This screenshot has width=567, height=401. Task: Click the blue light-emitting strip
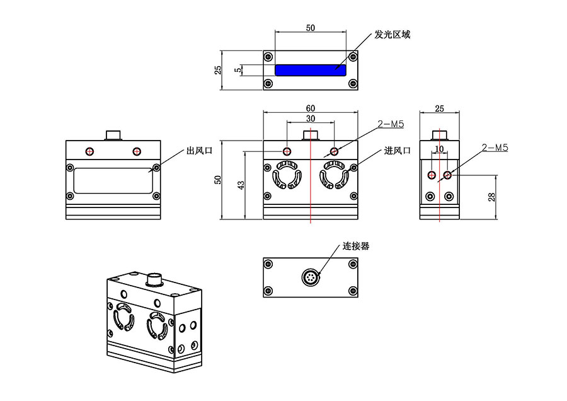[x=311, y=70]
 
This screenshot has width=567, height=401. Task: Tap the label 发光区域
[x=392, y=34]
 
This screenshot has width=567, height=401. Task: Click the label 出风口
[x=198, y=151]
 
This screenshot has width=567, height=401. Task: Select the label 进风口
[x=398, y=151]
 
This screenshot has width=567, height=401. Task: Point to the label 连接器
[x=356, y=246]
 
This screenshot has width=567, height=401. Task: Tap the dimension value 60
[x=311, y=108]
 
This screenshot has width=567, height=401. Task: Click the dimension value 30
[x=311, y=119]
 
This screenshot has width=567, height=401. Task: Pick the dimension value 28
[x=493, y=197]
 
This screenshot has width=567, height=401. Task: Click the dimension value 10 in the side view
[x=440, y=149]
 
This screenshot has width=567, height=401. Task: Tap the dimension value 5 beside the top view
[x=238, y=70]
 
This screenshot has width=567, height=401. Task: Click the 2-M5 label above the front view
[x=391, y=125]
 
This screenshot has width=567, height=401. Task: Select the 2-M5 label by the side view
[x=495, y=148]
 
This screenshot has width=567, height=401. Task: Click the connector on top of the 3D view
[x=154, y=279]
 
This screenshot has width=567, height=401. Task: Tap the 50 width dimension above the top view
[x=311, y=28]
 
